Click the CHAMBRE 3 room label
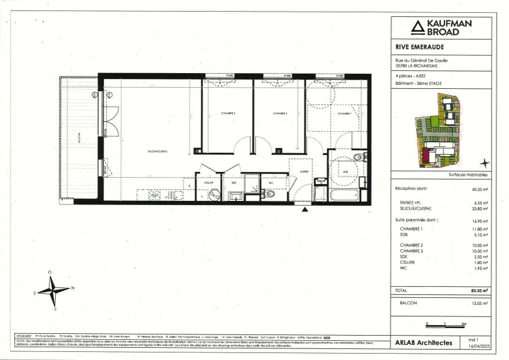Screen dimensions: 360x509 pos(227,113)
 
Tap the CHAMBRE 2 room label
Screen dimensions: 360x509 pos(280,113)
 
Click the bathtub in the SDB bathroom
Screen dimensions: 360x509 pos(345,193)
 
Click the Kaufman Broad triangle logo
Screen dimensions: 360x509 pos(417,27)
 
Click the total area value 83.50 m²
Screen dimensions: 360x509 pos(479,290)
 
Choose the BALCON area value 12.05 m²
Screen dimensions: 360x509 pos(480,303)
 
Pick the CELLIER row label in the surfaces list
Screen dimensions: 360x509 pos(407,262)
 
